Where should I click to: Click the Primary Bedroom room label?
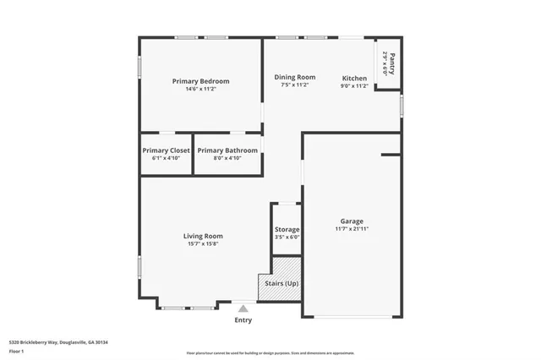[x=200, y=81]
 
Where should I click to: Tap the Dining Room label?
[x=294, y=77]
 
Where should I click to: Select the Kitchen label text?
[x=353, y=78]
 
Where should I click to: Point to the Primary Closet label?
[x=166, y=150]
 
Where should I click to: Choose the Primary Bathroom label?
[x=227, y=150]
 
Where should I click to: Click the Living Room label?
[x=203, y=236]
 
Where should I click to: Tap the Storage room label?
[x=287, y=229]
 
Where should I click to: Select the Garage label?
[x=351, y=221]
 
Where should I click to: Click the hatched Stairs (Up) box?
[x=279, y=284]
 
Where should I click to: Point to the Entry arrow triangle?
[x=243, y=309]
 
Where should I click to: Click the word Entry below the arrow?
[x=243, y=320]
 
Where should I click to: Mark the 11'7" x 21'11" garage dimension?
[x=351, y=229]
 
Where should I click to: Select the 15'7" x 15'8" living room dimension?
[x=203, y=243]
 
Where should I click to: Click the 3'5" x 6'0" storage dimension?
[x=287, y=237]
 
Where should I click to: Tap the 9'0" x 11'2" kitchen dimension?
[x=353, y=85]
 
